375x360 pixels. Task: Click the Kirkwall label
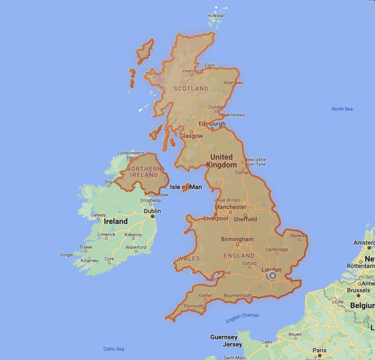pyautogui.click(x=216, y=16)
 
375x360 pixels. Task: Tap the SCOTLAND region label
pyautogui.click(x=191, y=88)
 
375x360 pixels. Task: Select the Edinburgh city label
pyautogui.click(x=212, y=124)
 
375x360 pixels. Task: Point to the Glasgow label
pyautogui.click(x=191, y=136)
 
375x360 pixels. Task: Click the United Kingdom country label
pyautogui.click(x=221, y=161)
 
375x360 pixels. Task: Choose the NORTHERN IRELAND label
pyautogui.click(x=144, y=172)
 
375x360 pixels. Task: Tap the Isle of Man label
pyautogui.click(x=186, y=187)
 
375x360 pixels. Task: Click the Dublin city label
pyautogui.click(x=152, y=211)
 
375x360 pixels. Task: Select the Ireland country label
pyautogui.click(x=116, y=221)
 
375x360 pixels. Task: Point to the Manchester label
pyautogui.click(x=230, y=207)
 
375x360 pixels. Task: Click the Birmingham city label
pyautogui.click(x=237, y=239)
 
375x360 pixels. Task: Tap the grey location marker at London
pyautogui.click(x=272, y=276)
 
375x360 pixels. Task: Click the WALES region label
pyautogui.click(x=189, y=258)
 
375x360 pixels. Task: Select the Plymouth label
pyautogui.click(x=194, y=306)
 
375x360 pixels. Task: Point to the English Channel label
pyautogui.click(x=242, y=318)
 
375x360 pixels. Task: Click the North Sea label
pyautogui.click(x=342, y=109)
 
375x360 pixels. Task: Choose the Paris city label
pyautogui.click(x=319, y=350)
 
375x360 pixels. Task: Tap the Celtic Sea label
pyautogui.click(x=114, y=349)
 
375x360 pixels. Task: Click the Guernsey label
pyautogui.click(x=224, y=337)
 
